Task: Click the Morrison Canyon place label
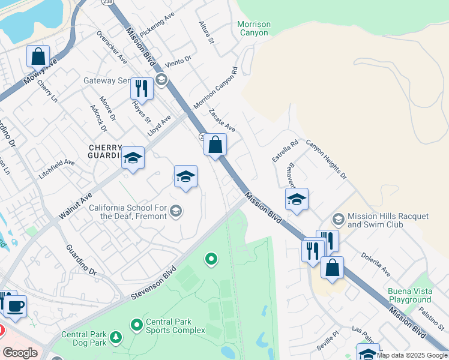[x=254, y=28]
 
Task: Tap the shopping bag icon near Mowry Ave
[x=38, y=56]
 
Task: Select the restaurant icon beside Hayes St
[x=142, y=88]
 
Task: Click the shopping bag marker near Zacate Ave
[x=215, y=145]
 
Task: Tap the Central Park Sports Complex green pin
[x=137, y=325]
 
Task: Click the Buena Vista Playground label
[x=409, y=295]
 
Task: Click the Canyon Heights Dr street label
[x=327, y=159]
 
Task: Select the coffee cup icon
[x=16, y=306]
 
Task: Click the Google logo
[x=20, y=353]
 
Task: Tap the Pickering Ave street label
[x=156, y=22]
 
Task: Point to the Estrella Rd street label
[x=285, y=151]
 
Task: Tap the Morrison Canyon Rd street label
[x=215, y=88]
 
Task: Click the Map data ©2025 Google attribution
[x=412, y=355]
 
